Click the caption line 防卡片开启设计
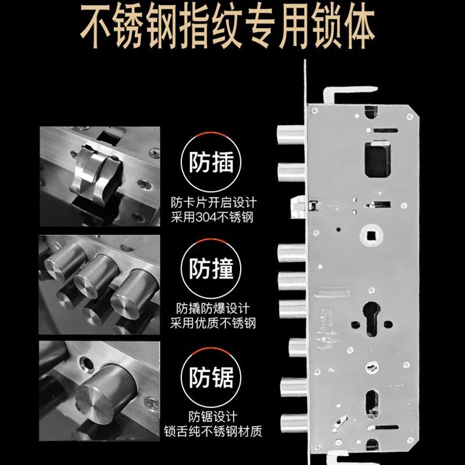point(213,203)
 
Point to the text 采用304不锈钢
point(213,217)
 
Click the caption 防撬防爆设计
point(213,309)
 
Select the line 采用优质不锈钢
point(213,323)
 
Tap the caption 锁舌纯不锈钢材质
point(213,432)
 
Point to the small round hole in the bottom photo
point(87,363)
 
